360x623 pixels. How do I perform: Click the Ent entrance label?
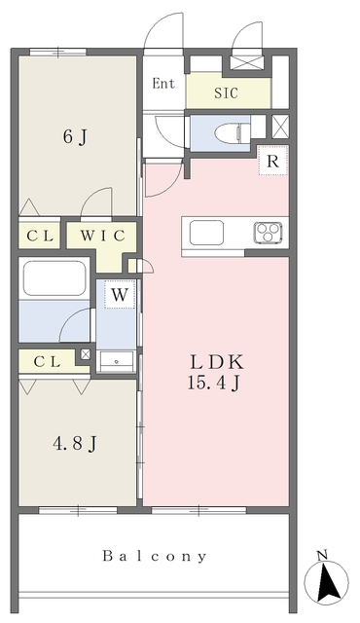pyautogui.click(x=163, y=84)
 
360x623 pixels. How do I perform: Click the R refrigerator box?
pyautogui.click(x=273, y=162)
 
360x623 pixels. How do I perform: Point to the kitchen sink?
pyautogui.click(x=207, y=233)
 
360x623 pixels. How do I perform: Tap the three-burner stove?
pyautogui.click(x=269, y=233)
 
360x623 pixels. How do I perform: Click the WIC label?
pyautogui.click(x=102, y=235)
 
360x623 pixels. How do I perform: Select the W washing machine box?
pyautogui.click(x=120, y=293)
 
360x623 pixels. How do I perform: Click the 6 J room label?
pyautogui.click(x=74, y=137)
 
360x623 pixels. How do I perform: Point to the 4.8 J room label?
pyautogui.click(x=74, y=444)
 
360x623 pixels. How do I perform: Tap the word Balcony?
pyautogui.click(x=155, y=557)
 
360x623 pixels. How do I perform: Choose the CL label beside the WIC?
pyautogui.click(x=39, y=235)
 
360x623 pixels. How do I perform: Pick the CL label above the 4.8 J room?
pyautogui.click(x=47, y=361)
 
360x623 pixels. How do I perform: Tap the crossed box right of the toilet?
pyautogui.click(x=279, y=128)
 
